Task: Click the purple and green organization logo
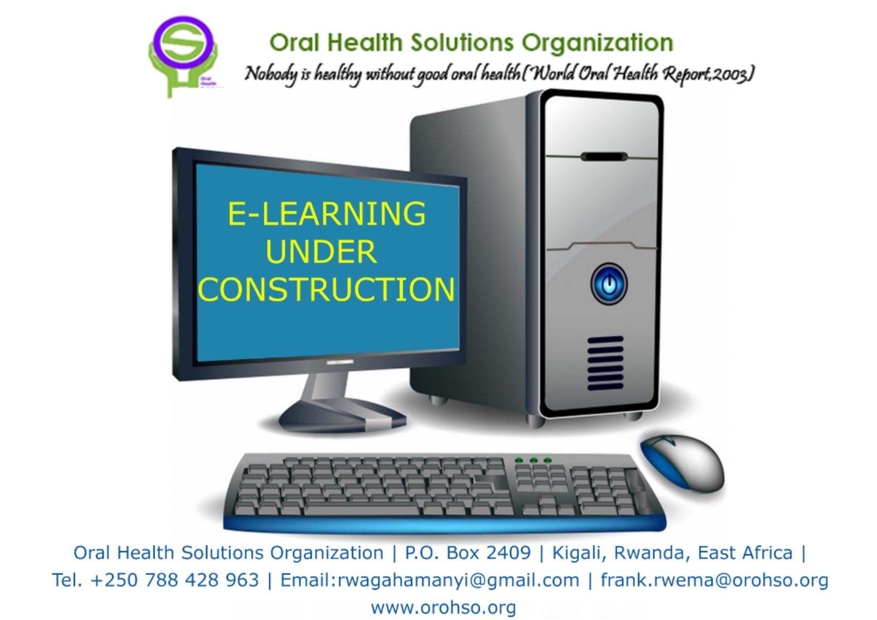pyautogui.click(x=184, y=53)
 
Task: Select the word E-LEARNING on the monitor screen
pyautogui.click(x=326, y=214)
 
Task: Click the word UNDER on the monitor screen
pyautogui.click(x=321, y=252)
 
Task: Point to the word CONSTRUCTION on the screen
pyautogui.click(x=326, y=290)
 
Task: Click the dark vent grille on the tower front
pyautogui.click(x=605, y=363)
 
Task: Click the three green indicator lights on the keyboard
pyautogui.click(x=533, y=459)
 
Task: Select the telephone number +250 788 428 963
pyautogui.click(x=175, y=580)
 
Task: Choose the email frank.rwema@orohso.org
pyautogui.click(x=714, y=580)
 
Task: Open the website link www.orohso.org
pyautogui.click(x=443, y=607)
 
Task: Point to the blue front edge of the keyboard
pyautogui.click(x=444, y=523)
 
